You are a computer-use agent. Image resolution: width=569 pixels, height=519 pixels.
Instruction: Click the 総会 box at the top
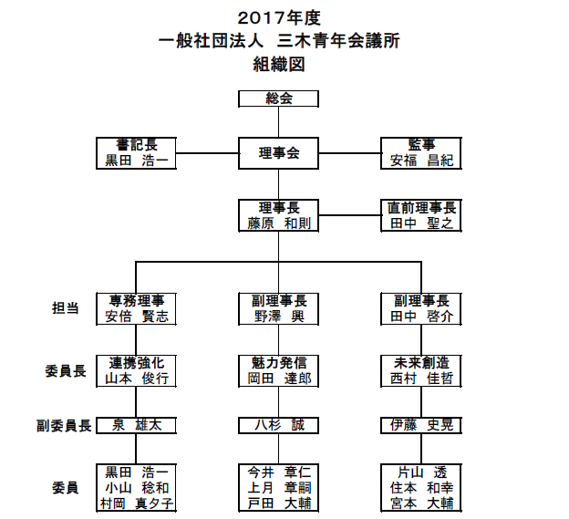(x=278, y=99)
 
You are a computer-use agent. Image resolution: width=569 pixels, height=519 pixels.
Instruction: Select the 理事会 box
(x=278, y=153)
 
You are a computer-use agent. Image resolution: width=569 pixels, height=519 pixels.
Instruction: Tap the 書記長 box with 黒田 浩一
(x=136, y=153)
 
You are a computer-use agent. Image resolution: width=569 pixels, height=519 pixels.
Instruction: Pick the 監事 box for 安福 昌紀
(x=421, y=153)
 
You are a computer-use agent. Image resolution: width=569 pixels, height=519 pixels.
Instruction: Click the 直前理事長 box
(x=421, y=215)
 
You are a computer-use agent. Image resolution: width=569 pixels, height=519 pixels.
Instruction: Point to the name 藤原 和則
(x=279, y=223)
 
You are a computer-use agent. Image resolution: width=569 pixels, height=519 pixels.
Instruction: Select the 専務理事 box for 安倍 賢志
(x=136, y=308)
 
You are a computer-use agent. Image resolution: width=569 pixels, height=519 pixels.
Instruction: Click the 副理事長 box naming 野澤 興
(x=278, y=308)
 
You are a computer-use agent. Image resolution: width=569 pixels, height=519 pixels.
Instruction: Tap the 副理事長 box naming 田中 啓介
(x=421, y=308)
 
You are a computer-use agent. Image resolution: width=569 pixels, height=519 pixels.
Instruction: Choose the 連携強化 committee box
(x=136, y=371)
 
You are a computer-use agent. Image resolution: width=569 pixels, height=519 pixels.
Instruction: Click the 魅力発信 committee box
(x=278, y=371)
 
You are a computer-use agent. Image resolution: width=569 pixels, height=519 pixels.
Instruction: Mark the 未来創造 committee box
(x=421, y=371)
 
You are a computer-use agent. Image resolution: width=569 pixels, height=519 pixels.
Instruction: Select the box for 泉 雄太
(x=136, y=425)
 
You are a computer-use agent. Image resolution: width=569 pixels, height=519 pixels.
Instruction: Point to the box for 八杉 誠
(x=278, y=425)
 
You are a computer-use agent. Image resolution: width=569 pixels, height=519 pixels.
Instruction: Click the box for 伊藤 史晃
(x=421, y=425)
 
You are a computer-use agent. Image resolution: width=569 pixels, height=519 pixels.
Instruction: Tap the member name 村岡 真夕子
(x=137, y=503)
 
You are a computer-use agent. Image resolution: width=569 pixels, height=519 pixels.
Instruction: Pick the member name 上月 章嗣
(x=279, y=488)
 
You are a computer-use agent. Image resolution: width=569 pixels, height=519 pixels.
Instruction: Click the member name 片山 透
(x=422, y=472)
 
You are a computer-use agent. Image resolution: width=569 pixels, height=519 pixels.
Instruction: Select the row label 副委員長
(x=64, y=426)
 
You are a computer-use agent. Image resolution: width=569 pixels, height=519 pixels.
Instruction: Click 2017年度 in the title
(x=279, y=17)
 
